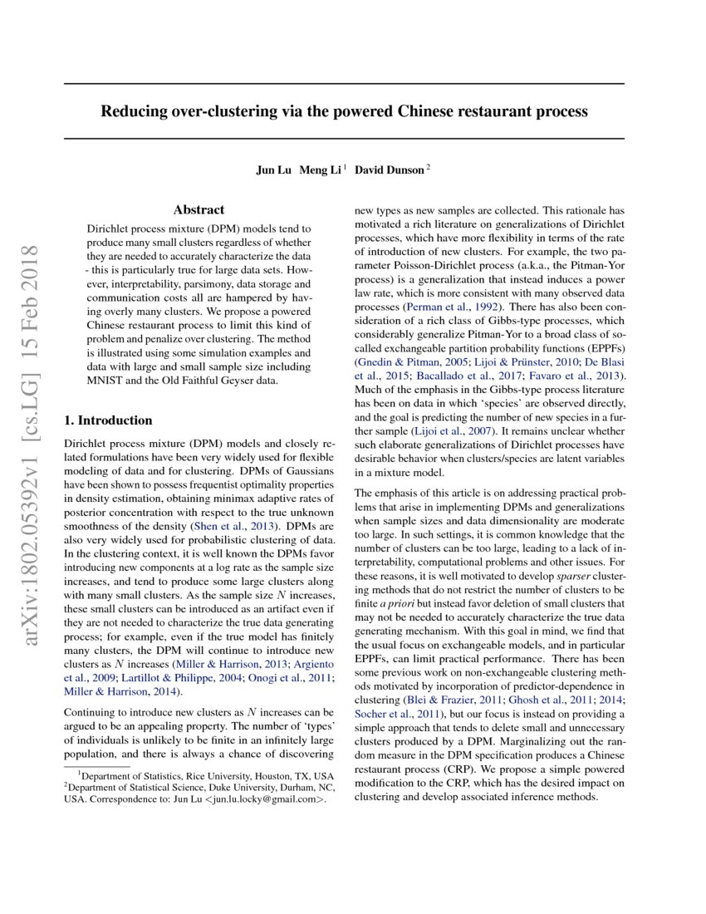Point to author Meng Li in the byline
(x=321, y=170)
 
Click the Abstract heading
(x=199, y=210)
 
